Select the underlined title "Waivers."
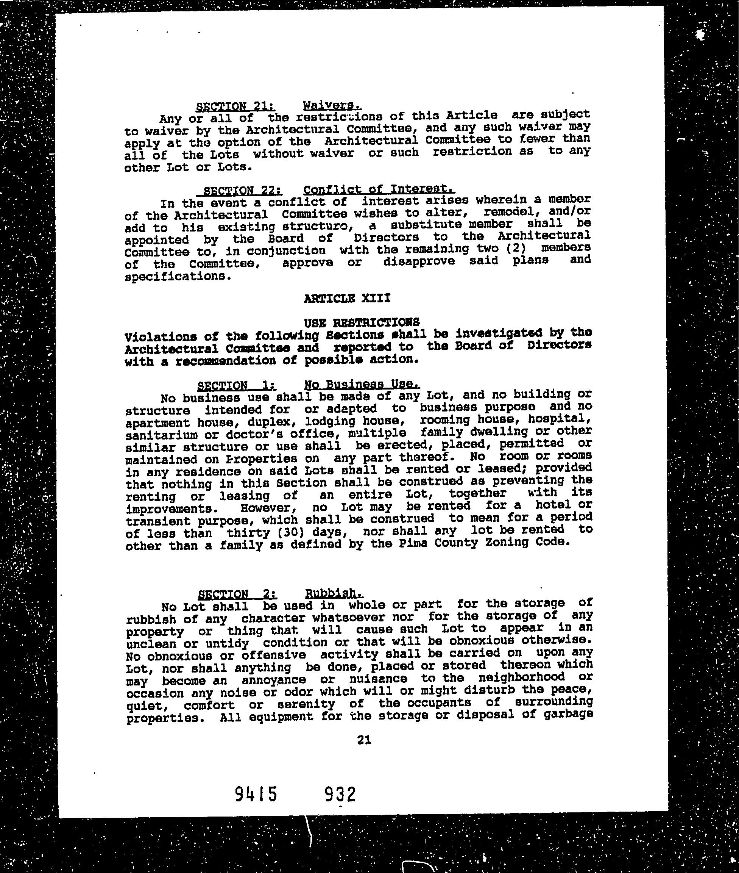click(x=332, y=105)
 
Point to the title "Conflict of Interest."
click(x=379, y=189)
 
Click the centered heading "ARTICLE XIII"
click(x=347, y=299)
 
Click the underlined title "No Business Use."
click(x=361, y=384)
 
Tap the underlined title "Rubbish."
click(x=334, y=593)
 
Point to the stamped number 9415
click(x=256, y=794)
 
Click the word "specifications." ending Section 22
click(x=178, y=277)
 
